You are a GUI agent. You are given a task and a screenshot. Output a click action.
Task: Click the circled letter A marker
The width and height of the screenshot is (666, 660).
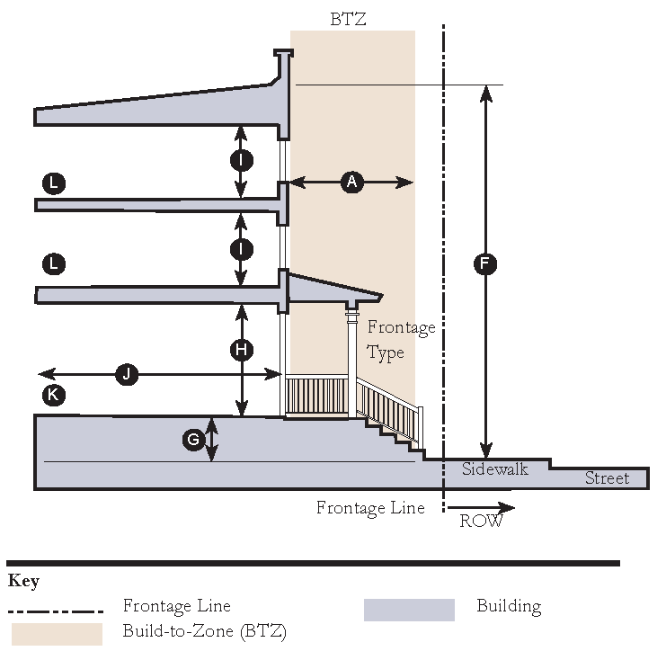(351, 183)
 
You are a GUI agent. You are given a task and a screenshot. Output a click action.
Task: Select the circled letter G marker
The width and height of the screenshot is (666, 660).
(193, 440)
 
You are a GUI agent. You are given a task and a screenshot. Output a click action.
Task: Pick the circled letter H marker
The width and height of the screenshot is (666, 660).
(241, 351)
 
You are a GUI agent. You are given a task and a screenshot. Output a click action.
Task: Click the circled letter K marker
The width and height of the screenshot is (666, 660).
(54, 394)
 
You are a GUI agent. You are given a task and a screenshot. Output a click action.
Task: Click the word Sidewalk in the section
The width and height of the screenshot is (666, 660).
(494, 468)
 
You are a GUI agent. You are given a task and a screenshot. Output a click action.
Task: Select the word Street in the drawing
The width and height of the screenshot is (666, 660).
(607, 477)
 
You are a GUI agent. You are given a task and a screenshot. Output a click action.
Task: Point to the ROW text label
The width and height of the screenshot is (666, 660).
(481, 521)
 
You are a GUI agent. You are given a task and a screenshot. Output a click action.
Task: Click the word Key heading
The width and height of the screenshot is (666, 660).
(23, 580)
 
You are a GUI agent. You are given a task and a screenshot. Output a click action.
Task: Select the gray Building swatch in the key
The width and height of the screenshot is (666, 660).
(409, 609)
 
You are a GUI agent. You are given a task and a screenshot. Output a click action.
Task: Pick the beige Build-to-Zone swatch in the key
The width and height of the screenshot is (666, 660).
(57, 632)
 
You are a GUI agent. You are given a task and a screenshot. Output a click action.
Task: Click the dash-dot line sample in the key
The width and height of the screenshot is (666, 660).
(55, 609)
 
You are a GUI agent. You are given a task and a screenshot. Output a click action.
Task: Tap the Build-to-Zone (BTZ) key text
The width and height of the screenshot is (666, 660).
(204, 631)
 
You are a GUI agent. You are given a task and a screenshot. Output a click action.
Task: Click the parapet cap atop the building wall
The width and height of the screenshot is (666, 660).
(283, 58)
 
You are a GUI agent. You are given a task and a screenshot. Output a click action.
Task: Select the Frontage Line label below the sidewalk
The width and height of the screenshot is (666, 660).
(369, 508)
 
